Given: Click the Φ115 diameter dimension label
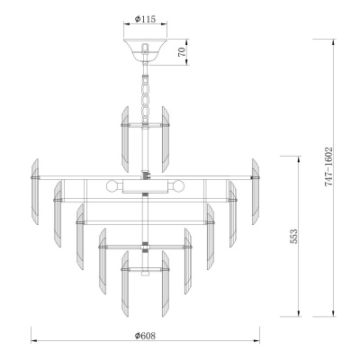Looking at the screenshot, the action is coord(145,19).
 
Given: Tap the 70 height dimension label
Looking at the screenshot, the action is coord(182,52).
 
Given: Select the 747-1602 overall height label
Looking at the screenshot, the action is coord(328,166).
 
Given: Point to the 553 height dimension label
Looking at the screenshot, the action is coord(294,236).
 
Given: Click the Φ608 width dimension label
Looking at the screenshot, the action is coord(145,336).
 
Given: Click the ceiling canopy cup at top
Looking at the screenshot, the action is coord(145,50).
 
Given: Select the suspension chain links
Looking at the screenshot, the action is coord(146,96).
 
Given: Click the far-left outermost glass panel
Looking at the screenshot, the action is coord(35,192).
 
